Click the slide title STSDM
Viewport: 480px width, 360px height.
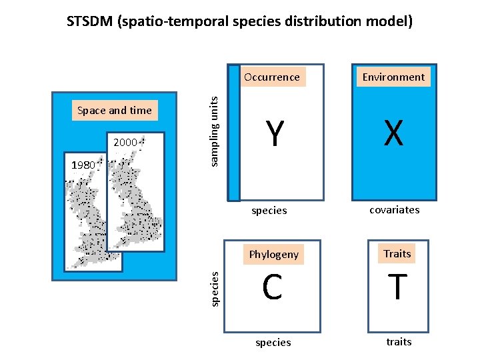[240, 21]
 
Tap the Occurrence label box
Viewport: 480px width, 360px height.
[272, 77]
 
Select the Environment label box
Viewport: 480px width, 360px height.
[393, 77]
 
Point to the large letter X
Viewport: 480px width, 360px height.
[393, 134]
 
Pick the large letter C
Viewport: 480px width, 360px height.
[272, 288]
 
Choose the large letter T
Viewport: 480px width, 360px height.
[397, 288]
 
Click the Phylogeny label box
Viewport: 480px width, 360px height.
[273, 254]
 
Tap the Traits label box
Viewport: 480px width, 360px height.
[397, 253]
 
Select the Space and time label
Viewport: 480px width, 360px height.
[115, 111]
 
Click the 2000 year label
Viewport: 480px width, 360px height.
[125, 142]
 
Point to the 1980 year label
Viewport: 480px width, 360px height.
[84, 165]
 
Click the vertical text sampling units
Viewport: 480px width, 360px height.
[213, 130]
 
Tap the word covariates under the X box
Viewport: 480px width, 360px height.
[395, 209]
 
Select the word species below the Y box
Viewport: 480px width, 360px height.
[269, 211]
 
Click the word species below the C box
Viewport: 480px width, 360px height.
[273, 342]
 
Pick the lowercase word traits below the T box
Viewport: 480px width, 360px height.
[399, 341]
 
